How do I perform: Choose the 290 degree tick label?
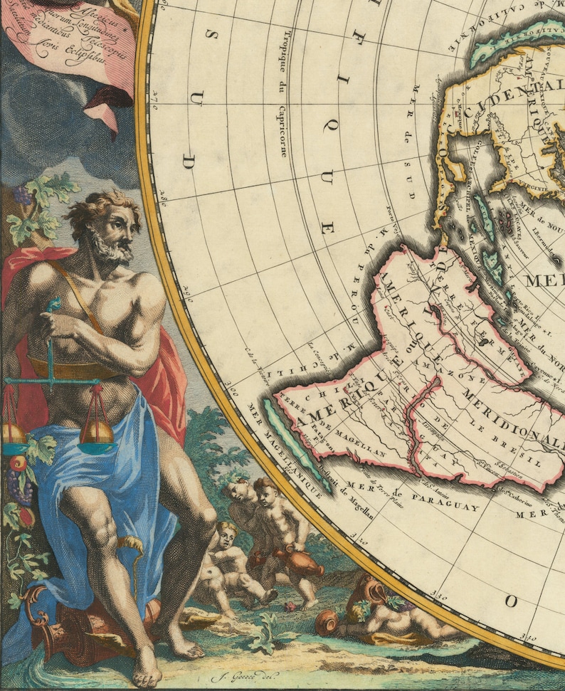189,290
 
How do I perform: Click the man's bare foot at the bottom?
147,669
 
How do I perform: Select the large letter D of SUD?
189,162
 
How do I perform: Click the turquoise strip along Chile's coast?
293,443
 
